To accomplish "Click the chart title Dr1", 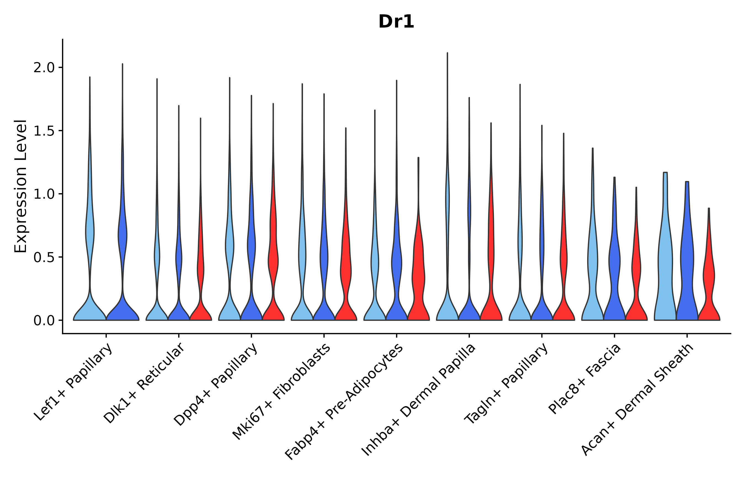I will click(396, 22).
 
